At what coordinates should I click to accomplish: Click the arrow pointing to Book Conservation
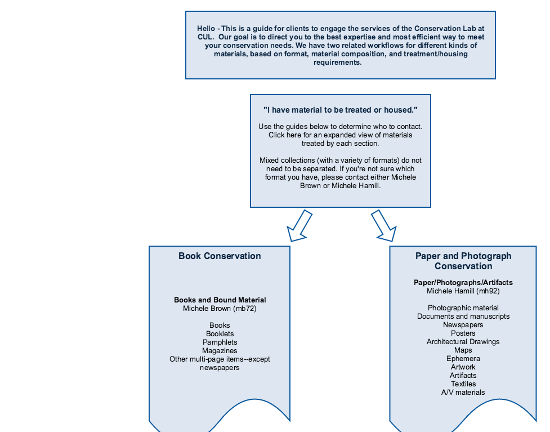pos(299,226)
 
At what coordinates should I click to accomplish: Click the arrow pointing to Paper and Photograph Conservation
pos(384,226)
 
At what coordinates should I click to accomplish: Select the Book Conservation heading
pos(220,256)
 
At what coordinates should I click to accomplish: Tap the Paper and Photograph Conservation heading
pos(463,261)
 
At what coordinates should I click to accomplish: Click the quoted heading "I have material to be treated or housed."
pos(340,110)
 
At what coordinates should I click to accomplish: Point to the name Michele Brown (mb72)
pos(220,309)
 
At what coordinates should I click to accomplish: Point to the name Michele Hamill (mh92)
pos(463,291)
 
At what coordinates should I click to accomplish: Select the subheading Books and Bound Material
pos(220,300)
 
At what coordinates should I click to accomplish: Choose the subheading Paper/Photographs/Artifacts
pos(463,283)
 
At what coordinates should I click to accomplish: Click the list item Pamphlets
pos(220,342)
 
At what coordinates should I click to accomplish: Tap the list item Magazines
pos(220,350)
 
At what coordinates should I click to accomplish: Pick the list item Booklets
pos(220,334)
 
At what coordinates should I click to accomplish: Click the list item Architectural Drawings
pos(463,341)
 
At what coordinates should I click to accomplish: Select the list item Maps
pos(463,350)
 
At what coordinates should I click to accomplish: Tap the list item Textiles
pos(463,384)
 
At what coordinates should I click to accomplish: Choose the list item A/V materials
pos(463,393)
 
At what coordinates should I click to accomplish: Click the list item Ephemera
pos(463,359)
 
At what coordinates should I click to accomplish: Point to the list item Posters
pos(463,333)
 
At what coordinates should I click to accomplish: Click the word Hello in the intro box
pos(206,28)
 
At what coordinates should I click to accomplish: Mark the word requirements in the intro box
pos(337,63)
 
